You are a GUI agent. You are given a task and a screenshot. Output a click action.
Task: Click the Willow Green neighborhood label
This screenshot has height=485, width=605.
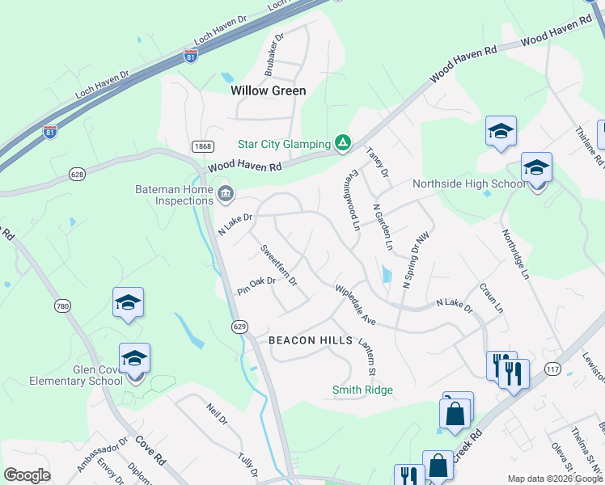(269, 91)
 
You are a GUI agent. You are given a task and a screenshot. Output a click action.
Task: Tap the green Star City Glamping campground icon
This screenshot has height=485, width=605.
(343, 144)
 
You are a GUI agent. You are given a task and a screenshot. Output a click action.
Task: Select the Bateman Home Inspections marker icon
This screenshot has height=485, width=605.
(226, 192)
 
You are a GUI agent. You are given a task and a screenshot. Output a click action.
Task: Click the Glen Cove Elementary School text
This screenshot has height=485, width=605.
(75, 374)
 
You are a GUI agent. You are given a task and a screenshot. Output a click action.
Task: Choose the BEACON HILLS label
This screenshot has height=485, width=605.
(311, 340)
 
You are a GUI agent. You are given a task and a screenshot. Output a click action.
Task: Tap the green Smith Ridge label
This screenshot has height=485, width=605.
(362, 390)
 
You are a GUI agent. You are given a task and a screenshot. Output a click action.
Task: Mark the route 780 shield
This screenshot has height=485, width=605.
(62, 306)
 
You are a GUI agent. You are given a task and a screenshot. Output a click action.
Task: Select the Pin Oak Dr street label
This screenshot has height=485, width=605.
(256, 285)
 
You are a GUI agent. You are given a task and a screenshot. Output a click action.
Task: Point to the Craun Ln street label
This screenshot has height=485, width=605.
(491, 298)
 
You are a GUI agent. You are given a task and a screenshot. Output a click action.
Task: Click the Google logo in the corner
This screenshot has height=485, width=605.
(27, 475)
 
